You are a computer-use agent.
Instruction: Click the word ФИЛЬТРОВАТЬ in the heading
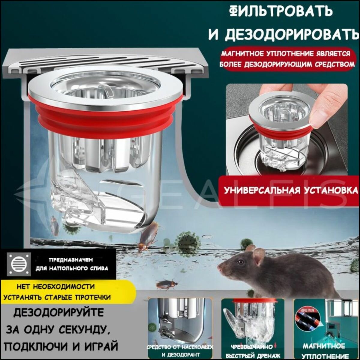tap(281, 11)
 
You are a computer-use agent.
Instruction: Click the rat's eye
tap(240, 262)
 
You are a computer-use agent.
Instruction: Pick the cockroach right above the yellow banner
tap(166, 284)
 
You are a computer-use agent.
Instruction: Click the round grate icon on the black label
tap(19, 264)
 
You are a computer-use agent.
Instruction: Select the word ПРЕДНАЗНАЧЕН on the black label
tap(71, 260)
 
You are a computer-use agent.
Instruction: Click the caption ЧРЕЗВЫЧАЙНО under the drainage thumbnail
tap(251, 347)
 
